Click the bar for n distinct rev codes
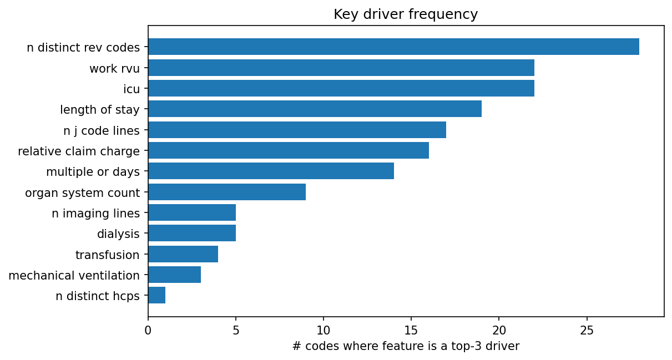click(393, 47)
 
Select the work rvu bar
click(341, 68)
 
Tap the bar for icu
click(341, 88)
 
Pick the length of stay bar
click(315, 109)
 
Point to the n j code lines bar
click(297, 130)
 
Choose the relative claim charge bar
click(288, 150)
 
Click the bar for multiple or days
click(271, 171)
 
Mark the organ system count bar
click(226, 192)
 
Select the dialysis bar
click(191, 233)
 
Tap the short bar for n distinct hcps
click(156, 295)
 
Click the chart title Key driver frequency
click(406, 14)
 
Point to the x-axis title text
click(406, 347)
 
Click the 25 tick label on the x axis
click(587, 331)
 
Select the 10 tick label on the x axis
click(324, 331)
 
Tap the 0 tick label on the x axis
click(148, 331)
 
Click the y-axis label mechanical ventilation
click(74, 275)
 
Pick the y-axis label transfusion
click(107, 255)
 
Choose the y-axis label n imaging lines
click(95, 213)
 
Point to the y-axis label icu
click(132, 89)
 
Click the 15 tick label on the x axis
click(411, 331)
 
